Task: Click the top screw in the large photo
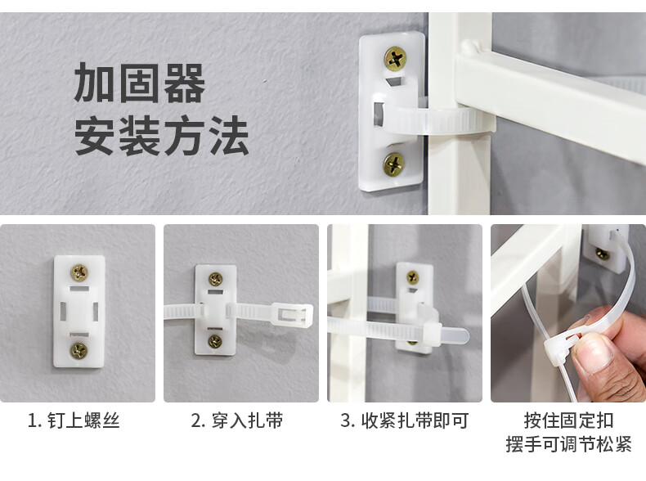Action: coord(396,58)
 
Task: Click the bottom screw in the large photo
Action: coord(395,164)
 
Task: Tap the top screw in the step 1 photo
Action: coord(79,272)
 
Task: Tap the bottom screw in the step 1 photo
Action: coord(79,350)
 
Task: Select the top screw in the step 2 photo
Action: coord(216,279)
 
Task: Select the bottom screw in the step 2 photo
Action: coord(214,341)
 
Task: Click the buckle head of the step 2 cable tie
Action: coord(293,315)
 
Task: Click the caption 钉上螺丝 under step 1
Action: coord(83,420)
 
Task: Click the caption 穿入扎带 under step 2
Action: coord(247,420)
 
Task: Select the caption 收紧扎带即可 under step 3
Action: coord(415,420)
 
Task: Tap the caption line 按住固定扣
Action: coord(568,420)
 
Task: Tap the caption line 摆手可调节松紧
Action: coord(568,444)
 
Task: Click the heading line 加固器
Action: coord(139,83)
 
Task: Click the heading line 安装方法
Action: coord(161,136)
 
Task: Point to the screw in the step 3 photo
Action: coord(412,277)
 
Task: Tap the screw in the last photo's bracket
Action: coord(602,254)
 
